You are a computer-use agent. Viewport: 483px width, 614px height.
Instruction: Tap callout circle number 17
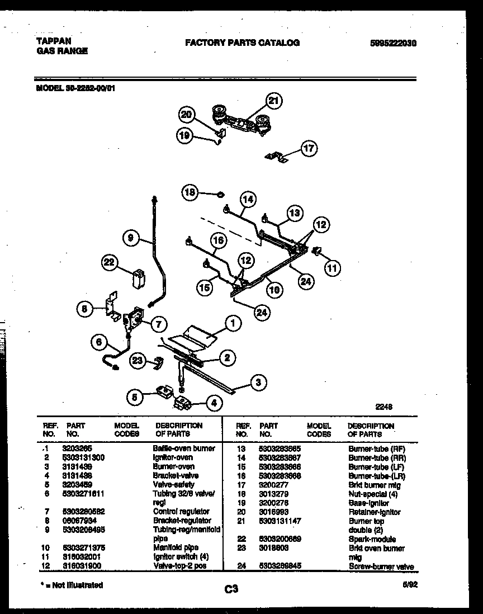coord(309,148)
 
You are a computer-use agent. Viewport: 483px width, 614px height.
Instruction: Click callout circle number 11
coord(333,268)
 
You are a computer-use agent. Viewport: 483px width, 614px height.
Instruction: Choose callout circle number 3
coord(257,382)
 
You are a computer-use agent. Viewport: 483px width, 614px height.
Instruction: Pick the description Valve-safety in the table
coord(173,484)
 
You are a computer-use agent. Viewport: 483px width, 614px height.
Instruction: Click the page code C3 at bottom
coord(231,588)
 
